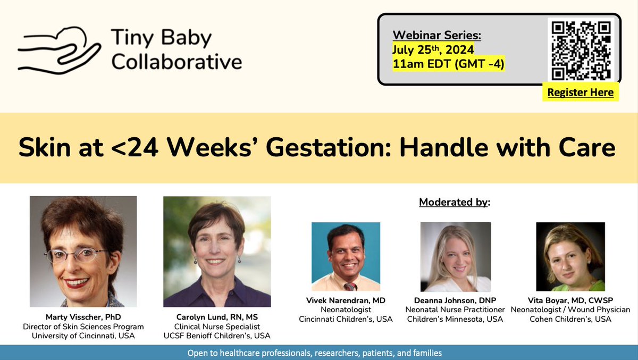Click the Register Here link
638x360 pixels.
[x=580, y=93]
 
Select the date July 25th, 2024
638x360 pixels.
[x=433, y=50]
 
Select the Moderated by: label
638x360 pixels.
[x=455, y=202]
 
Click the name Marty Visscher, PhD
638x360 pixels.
[x=83, y=317]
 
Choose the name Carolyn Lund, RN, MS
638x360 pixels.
[x=217, y=317]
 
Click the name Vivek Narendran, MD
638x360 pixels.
[x=346, y=300]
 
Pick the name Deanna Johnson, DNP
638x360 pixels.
[x=456, y=300]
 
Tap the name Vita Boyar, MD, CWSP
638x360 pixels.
[x=570, y=300]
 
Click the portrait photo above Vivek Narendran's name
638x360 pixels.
[x=346, y=256]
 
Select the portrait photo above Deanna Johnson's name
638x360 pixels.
[x=456, y=256]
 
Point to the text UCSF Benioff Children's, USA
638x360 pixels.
[x=217, y=336]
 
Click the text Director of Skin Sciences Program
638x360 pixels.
[x=83, y=326]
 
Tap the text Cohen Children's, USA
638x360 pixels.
[x=570, y=319]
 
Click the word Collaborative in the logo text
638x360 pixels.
[x=177, y=62]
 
